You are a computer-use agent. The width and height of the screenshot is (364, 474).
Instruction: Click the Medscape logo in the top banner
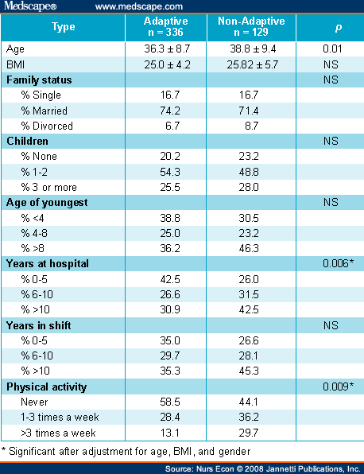[30, 6]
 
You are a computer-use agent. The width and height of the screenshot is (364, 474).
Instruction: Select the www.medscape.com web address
[139, 6]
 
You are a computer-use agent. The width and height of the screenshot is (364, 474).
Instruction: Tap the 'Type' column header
[63, 27]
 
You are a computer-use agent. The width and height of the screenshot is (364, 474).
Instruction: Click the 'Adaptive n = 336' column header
[165, 26]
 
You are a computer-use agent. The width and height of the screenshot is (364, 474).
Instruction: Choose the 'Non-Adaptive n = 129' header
[251, 26]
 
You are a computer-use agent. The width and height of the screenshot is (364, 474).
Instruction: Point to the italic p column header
[339, 28]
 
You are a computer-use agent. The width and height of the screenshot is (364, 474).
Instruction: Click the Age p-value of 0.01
[332, 49]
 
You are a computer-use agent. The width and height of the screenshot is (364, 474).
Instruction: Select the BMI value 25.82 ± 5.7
[253, 64]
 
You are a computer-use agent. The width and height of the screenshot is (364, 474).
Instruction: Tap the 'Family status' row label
[39, 80]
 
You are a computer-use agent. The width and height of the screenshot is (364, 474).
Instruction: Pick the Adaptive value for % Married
[170, 111]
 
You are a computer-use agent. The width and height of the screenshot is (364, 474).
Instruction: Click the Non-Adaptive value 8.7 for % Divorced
[252, 126]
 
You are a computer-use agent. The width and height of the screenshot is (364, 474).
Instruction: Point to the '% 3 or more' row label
[49, 188]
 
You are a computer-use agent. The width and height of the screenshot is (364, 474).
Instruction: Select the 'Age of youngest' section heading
[47, 203]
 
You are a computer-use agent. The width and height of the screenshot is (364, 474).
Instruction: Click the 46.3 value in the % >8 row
[249, 248]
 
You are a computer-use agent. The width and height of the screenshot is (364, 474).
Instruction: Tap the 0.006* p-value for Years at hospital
[338, 263]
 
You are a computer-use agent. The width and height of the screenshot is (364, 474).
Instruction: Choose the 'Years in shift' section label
[38, 325]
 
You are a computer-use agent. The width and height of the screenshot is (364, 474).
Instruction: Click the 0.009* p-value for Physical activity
[338, 387]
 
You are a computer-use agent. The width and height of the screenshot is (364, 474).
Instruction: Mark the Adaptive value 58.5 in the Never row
[170, 402]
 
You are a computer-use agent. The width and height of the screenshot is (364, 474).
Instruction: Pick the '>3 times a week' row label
[58, 433]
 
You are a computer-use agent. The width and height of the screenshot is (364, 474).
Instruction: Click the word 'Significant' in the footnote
[32, 451]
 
